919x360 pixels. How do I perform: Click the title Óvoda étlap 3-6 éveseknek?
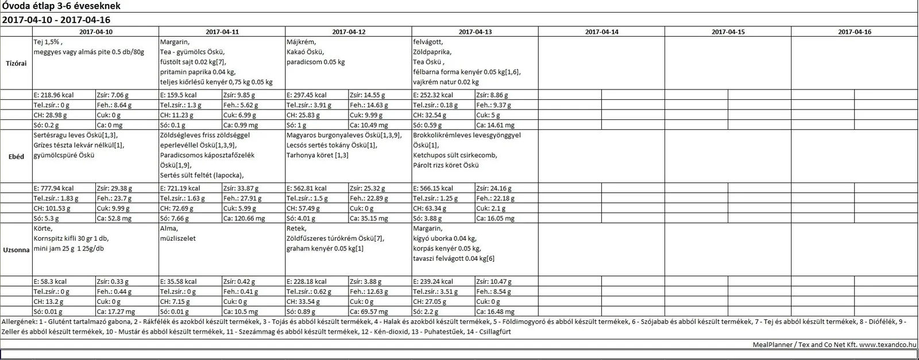tap(61, 6)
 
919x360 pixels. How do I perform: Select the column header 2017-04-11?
tap(222, 32)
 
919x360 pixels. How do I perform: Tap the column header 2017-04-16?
tap(854, 32)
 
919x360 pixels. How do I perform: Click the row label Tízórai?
tap(16, 63)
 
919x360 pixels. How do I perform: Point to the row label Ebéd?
tap(16, 157)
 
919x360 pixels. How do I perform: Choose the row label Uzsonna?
tap(16, 250)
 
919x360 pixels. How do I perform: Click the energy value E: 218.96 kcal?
tap(54, 95)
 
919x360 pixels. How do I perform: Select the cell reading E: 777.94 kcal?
tap(54, 188)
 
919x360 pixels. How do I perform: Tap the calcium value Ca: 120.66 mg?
tap(244, 218)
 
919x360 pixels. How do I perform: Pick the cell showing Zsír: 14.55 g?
tap(368, 95)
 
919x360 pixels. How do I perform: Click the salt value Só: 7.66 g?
tap(173, 218)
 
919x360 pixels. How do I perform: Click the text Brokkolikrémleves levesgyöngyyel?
tap(467, 136)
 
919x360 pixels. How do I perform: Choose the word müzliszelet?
tap(178, 238)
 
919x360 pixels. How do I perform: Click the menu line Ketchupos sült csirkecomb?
tap(455, 155)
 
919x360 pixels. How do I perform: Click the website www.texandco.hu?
tap(888, 344)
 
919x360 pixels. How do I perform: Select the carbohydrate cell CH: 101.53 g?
tap(50, 208)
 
